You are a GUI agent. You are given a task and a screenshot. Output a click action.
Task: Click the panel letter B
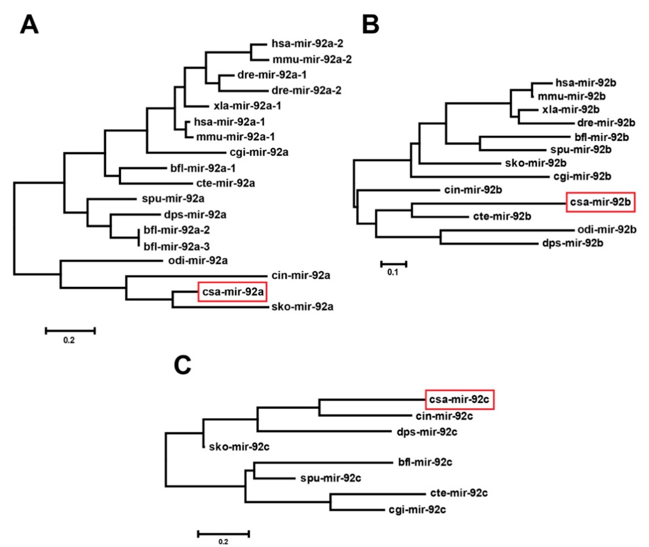pyautogui.click(x=370, y=25)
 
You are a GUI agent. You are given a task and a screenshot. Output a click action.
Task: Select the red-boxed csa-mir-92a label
pyautogui.click(x=232, y=292)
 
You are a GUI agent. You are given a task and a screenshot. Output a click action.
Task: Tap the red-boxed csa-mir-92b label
pyautogui.click(x=600, y=202)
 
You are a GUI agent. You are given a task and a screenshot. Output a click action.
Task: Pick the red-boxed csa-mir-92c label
pyautogui.click(x=459, y=399)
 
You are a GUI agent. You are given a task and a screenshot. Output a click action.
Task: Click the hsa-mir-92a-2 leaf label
pyautogui.click(x=307, y=44)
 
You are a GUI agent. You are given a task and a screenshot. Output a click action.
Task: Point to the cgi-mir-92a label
pyautogui.click(x=259, y=152)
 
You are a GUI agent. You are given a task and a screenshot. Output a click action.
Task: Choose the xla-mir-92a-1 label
pyautogui.click(x=247, y=106)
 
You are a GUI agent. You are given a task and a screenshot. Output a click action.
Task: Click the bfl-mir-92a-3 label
pyautogui.click(x=177, y=247)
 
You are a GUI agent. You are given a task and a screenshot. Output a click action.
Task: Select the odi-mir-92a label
pyautogui.click(x=198, y=261)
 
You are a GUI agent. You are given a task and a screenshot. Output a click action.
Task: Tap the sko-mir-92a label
pyautogui.click(x=302, y=307)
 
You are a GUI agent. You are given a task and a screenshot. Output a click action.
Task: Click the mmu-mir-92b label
pyautogui.click(x=572, y=96)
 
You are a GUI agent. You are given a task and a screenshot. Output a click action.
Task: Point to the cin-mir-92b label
pyautogui.click(x=473, y=190)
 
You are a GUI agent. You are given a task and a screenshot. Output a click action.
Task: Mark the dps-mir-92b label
pyautogui.click(x=573, y=243)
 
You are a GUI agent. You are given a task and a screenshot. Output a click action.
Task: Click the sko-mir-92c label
pyautogui.click(x=239, y=447)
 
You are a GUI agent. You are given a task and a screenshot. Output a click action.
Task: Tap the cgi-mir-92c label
pyautogui.click(x=417, y=509)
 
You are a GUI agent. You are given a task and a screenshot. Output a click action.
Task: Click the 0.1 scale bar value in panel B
pyautogui.click(x=392, y=272)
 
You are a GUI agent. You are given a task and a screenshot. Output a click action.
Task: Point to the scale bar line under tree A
pyautogui.click(x=70, y=331)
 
